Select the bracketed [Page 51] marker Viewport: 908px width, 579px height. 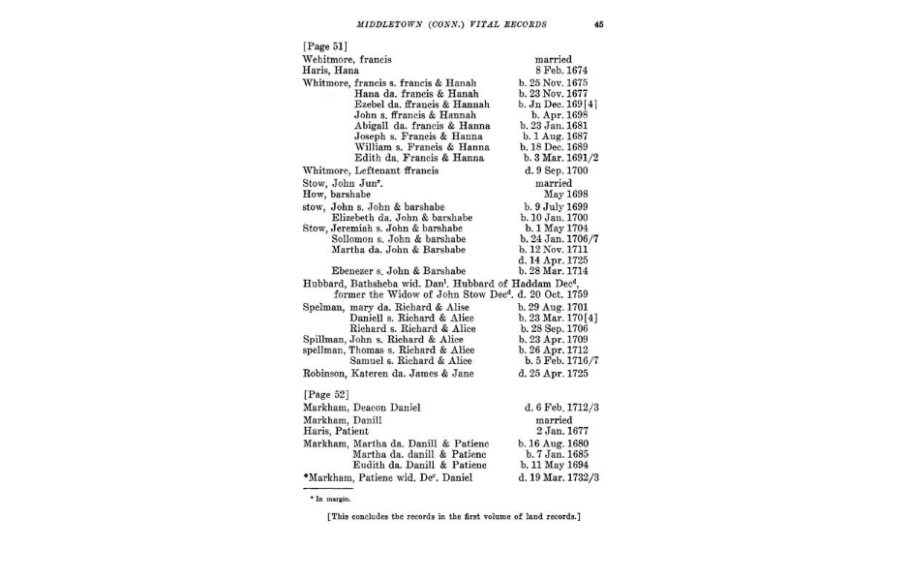[x=324, y=46]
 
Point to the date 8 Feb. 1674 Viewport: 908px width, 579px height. [x=554, y=71]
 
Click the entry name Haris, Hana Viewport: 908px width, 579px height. [x=331, y=71]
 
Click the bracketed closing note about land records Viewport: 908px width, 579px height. [x=453, y=516]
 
